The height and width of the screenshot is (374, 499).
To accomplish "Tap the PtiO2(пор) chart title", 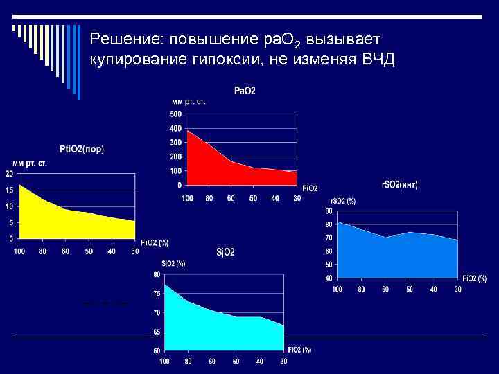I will tap(82, 149).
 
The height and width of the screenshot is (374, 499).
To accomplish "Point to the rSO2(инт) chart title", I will tap(400, 185).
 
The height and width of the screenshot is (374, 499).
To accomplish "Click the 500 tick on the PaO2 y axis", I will tap(175, 114).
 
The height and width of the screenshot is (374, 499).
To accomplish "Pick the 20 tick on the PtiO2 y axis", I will tap(8, 173).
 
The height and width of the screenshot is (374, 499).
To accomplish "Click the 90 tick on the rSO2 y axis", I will tap(329, 211).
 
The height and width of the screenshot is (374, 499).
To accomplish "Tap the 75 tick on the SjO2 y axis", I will tap(157, 294).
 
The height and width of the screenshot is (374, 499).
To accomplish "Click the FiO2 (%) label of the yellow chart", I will tap(155, 242).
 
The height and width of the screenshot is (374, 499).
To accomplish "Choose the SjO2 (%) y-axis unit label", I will tap(173, 263).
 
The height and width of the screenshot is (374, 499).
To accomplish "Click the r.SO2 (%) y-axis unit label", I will tap(342, 201).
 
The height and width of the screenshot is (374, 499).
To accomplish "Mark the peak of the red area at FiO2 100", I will tap(188, 130).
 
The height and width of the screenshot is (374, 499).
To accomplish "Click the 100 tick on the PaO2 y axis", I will tap(175, 171).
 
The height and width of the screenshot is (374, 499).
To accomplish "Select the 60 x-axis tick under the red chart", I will tap(231, 199).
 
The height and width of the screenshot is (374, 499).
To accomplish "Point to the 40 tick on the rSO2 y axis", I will tap(329, 277).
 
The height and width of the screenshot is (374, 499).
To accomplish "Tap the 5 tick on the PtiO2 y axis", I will tap(10, 222).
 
